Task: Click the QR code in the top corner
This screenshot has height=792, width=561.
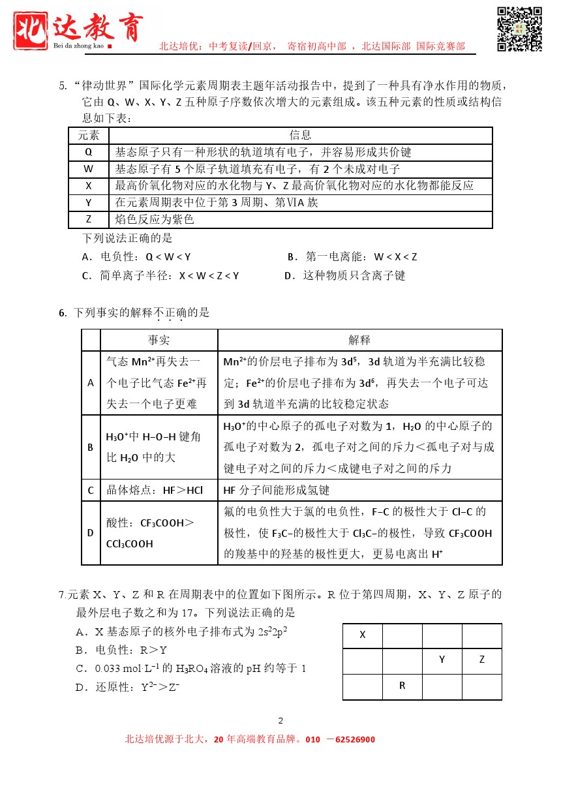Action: pyautogui.click(x=520, y=29)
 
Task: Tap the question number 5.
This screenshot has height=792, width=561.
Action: pyautogui.click(x=63, y=85)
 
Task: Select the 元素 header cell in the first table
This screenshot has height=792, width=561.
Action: pyautogui.click(x=89, y=135)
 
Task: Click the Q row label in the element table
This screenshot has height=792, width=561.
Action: pyautogui.click(x=89, y=152)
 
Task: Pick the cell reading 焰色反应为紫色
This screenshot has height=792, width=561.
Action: pyautogui.click(x=155, y=220)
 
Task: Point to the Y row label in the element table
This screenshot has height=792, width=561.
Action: pyautogui.click(x=89, y=203)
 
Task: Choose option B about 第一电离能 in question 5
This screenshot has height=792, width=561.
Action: pyautogui.click(x=352, y=256)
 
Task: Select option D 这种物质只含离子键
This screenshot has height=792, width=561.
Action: pyautogui.click(x=345, y=276)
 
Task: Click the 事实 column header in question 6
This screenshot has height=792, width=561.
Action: pyautogui.click(x=159, y=340)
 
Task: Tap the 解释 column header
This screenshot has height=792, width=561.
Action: pyautogui.click(x=359, y=340)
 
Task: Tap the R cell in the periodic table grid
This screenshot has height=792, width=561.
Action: pyautogui.click(x=402, y=686)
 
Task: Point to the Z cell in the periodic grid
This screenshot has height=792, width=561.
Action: pyautogui.click(x=482, y=660)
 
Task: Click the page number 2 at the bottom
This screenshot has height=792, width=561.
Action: pyautogui.click(x=280, y=721)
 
